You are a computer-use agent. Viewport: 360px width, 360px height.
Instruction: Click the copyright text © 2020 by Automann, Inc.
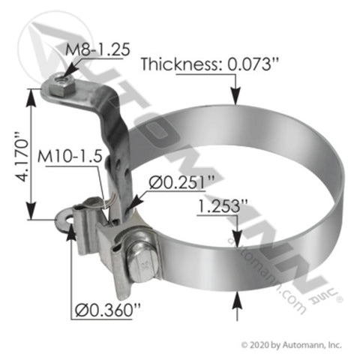291,345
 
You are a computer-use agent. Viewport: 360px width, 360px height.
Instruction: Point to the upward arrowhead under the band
237,296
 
